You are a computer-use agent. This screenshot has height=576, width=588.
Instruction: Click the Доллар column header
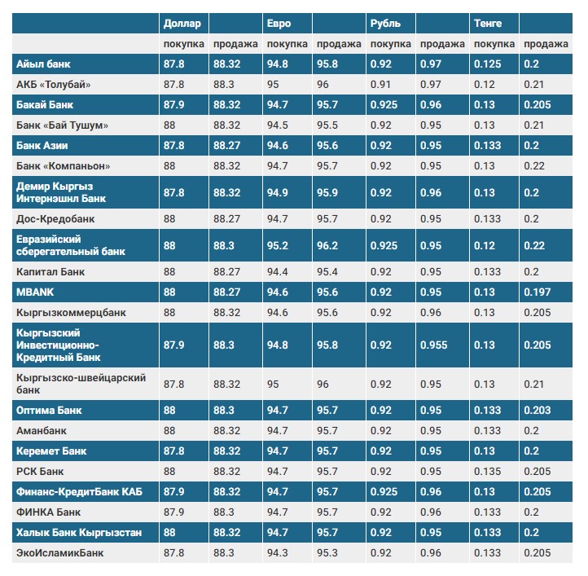point(182,24)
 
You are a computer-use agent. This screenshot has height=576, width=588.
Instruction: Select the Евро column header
point(279,24)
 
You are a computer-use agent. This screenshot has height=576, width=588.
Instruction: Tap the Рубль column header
point(385,24)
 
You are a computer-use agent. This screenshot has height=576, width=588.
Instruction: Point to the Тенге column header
point(488,24)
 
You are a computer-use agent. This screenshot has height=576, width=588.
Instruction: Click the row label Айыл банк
point(43,64)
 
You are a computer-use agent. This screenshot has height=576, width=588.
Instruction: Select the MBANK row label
point(35,292)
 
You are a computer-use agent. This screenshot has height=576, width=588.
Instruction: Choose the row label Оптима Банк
point(49,410)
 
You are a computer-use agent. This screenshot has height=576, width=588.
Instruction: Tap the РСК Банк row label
point(40,471)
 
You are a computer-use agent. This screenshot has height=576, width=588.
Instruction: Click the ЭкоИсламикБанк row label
point(59,552)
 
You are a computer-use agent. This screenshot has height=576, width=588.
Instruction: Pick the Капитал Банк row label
point(50,271)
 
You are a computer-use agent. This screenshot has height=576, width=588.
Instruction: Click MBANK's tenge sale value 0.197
point(538,292)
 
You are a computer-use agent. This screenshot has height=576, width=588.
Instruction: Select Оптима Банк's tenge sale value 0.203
point(538,410)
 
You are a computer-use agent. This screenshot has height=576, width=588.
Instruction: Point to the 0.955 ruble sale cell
point(434,345)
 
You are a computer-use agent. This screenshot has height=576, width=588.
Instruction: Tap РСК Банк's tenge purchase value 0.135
point(488,471)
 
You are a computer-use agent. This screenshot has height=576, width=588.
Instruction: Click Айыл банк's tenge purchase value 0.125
point(488,64)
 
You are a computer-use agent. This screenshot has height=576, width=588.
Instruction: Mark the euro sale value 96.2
point(327,246)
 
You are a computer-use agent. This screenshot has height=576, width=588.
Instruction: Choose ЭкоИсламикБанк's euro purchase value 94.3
point(278,552)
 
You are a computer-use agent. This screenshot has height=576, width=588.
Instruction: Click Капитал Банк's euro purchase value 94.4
point(278,271)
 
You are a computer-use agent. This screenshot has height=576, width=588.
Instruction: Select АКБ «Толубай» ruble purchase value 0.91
point(380,85)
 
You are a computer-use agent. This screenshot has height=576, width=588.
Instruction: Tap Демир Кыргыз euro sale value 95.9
point(327,193)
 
